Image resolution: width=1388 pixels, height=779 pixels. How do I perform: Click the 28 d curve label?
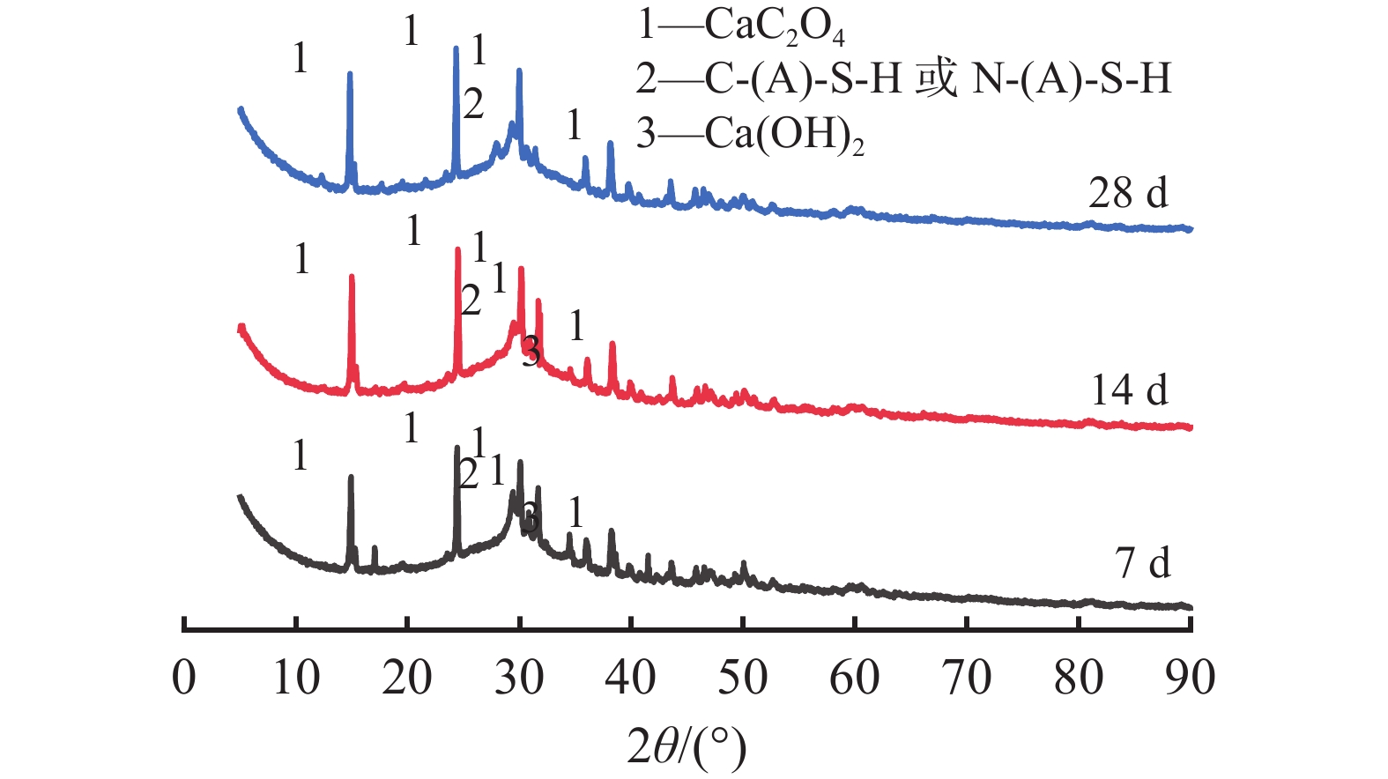pyautogui.click(x=1128, y=193)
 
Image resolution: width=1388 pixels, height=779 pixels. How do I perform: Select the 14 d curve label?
pyautogui.click(x=1129, y=389)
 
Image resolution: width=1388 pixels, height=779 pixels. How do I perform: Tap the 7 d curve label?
pyautogui.click(x=1143, y=562)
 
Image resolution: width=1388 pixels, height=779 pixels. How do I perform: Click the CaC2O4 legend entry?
pyautogui.click(x=741, y=27)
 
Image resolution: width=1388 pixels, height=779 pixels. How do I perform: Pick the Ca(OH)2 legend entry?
pyautogui.click(x=750, y=135)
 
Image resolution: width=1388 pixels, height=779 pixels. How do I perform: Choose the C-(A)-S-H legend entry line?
pyautogui.click(x=904, y=80)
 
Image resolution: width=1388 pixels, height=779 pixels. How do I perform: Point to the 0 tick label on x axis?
pyautogui.click(x=184, y=678)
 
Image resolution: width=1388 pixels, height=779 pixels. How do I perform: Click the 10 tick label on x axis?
pyautogui.click(x=296, y=678)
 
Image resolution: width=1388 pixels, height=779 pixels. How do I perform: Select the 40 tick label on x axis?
pyautogui.click(x=631, y=678)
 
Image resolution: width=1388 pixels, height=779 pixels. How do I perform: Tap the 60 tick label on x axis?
pyautogui.click(x=855, y=678)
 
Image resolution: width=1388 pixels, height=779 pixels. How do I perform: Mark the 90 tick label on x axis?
pyautogui.click(x=1190, y=678)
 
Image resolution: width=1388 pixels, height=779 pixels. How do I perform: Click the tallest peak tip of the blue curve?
pyautogui.click(x=456, y=48)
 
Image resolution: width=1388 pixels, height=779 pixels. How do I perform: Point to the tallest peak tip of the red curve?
pyautogui.click(x=457, y=249)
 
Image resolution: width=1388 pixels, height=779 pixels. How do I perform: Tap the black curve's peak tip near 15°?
pyautogui.click(x=351, y=477)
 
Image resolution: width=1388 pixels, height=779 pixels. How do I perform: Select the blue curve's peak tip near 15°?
pyautogui.click(x=350, y=73)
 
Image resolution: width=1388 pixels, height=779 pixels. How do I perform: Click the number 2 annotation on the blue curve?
pyautogui.click(x=473, y=105)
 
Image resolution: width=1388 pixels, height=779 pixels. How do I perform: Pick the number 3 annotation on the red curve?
pyautogui.click(x=531, y=352)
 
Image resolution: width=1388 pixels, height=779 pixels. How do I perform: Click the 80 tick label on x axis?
pyautogui.click(x=1079, y=678)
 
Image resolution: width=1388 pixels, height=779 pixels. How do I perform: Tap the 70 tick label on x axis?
pyautogui.click(x=967, y=678)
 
